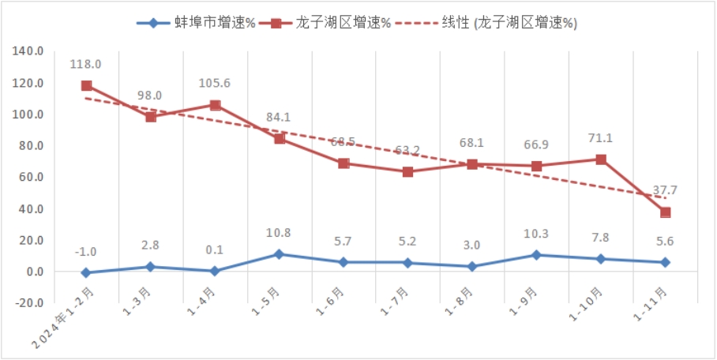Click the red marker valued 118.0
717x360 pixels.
[x=86, y=85]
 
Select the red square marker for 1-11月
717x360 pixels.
[x=665, y=212]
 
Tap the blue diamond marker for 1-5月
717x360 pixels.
[x=280, y=254]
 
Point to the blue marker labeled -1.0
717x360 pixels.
[x=86, y=273]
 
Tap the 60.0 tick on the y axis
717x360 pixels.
[x=29, y=178]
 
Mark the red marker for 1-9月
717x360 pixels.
[x=536, y=166]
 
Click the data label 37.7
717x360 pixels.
[x=664, y=190]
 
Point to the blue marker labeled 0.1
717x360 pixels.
[x=215, y=271]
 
